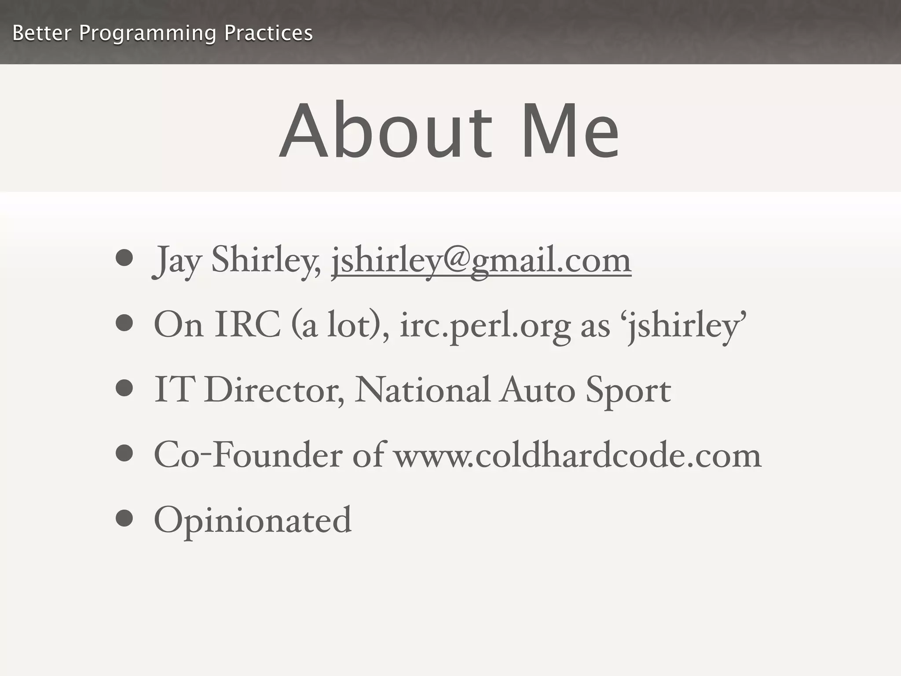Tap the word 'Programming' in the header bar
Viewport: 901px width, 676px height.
pyautogui.click(x=147, y=33)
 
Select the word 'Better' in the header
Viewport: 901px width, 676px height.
pyautogui.click(x=42, y=33)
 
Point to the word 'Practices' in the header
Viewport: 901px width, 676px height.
pyautogui.click(x=268, y=33)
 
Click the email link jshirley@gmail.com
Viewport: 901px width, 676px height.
pyautogui.click(x=481, y=261)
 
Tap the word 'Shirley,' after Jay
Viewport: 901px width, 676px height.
pyautogui.click(x=266, y=261)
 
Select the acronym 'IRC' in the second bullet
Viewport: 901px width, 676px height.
pyautogui.click(x=248, y=325)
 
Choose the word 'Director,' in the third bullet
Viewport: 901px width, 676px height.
pyautogui.click(x=274, y=390)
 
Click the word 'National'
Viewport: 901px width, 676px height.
pyautogui.click(x=421, y=390)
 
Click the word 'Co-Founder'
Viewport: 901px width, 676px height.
pyautogui.click(x=248, y=455)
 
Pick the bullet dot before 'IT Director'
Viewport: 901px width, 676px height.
pyautogui.click(x=125, y=388)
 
